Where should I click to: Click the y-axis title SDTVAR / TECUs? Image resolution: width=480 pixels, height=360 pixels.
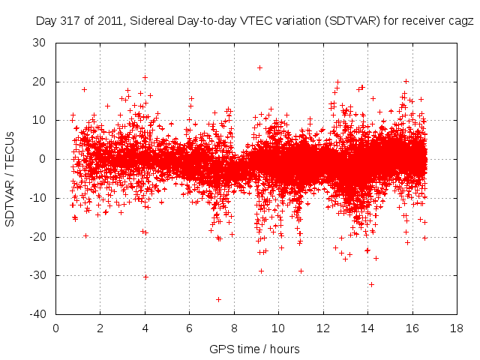pos(10,177)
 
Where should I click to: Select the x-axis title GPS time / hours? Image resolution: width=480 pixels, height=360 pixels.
pos(255,349)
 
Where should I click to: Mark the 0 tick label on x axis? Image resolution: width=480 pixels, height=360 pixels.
pos(56,328)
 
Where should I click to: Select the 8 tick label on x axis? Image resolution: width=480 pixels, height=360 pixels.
pos(234,328)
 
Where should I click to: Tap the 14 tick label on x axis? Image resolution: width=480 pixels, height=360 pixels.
pos(367,328)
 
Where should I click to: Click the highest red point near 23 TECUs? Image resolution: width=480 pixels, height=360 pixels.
pos(259,67)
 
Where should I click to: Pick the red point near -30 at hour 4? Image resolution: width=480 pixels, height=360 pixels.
pos(145,277)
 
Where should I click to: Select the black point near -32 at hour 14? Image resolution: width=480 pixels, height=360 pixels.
pos(371,284)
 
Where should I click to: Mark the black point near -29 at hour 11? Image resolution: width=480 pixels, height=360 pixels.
pos(301,271)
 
